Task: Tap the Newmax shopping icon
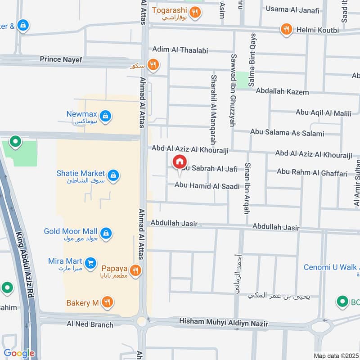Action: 105,117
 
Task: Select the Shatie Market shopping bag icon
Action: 113,175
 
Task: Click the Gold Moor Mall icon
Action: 106,233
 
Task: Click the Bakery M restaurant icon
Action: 107,302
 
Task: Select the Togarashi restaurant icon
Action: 195,12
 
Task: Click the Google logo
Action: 19,353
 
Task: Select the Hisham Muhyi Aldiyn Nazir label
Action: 223,322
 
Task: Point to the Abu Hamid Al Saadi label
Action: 207,185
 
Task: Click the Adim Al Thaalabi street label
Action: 180,50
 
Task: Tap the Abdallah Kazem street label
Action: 282,92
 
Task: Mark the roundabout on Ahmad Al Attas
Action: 142,321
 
